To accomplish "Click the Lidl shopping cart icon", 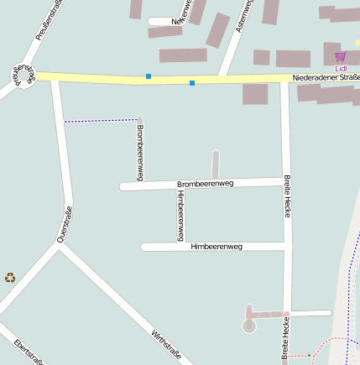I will pyautogui.click(x=340, y=57).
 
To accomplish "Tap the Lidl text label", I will pyautogui.click(x=340, y=68).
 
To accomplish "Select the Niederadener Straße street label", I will pyautogui.click(x=326, y=78).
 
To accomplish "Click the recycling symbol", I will pyautogui.click(x=10, y=277).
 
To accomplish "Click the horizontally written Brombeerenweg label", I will pyautogui.click(x=205, y=183).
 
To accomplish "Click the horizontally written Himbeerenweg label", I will pyautogui.click(x=217, y=247).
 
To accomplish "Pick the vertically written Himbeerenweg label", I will pyautogui.click(x=180, y=215).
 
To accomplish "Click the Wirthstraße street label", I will pyautogui.click(x=166, y=344).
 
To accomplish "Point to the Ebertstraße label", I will pyautogui.click(x=29, y=352).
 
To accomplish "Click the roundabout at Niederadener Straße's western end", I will pyautogui.click(x=23, y=75).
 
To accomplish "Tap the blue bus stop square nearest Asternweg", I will pyautogui.click(x=192, y=83).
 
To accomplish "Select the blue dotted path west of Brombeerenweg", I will pyautogui.click(x=101, y=120).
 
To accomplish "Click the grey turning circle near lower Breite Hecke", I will pyautogui.click(x=248, y=325).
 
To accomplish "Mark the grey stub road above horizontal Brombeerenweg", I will pyautogui.click(x=216, y=164).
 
